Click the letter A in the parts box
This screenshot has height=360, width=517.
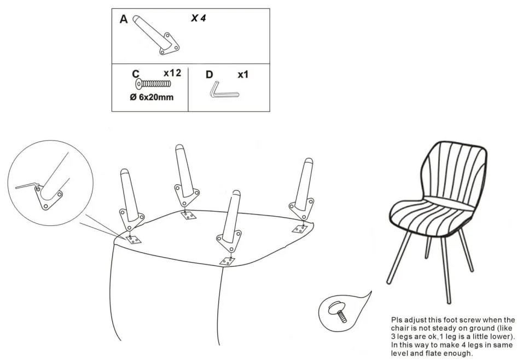point(124,19)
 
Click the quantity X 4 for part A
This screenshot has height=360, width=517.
point(198,18)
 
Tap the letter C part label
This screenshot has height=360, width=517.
point(136,74)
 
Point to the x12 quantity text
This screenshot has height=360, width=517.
point(172,73)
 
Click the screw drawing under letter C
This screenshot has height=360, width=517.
point(153,84)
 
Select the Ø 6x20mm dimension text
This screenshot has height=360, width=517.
point(152,97)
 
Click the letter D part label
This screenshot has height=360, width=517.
point(210,75)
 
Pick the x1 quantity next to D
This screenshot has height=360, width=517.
point(243,74)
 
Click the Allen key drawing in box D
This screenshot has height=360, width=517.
point(224,90)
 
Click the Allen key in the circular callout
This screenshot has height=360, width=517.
point(28,186)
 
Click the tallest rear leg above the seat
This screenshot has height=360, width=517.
point(187,176)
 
